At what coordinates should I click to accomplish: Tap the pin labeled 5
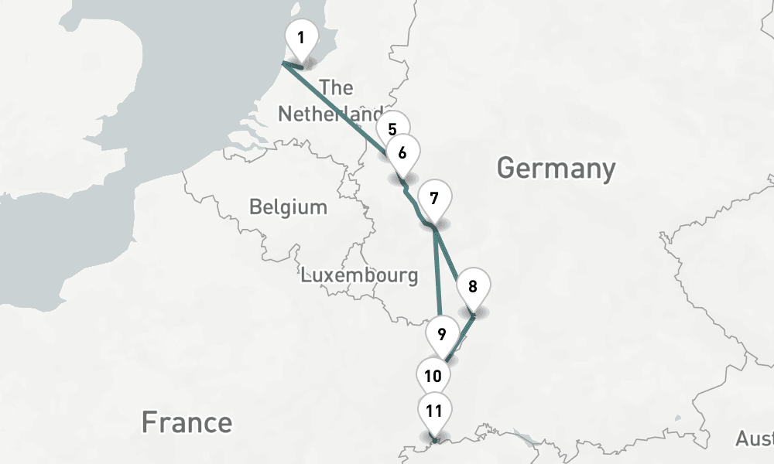392,128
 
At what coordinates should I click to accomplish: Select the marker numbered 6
402,152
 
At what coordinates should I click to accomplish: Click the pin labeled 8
472,286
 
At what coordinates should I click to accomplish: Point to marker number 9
441,334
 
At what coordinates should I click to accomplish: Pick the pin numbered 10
433,376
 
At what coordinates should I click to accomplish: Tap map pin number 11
433,411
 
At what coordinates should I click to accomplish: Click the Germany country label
556,167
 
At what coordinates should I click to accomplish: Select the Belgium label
288,207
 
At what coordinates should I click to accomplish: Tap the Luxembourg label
360,275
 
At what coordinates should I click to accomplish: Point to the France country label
187,422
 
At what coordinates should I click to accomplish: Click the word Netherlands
329,114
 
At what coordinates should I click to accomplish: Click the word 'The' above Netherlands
335,87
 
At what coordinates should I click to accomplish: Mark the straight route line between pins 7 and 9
438,278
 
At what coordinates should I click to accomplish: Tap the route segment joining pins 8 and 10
460,336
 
